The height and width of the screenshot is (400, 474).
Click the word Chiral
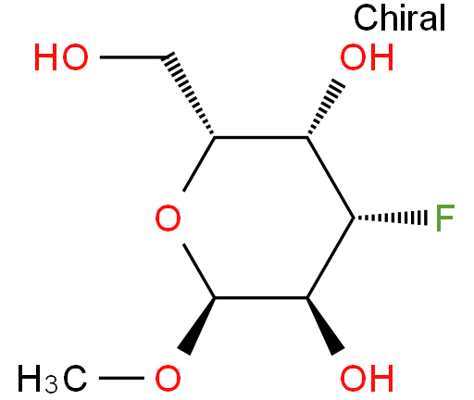point(399,18)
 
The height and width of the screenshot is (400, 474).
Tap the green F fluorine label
point(444,218)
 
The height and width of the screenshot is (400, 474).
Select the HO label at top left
point(61,57)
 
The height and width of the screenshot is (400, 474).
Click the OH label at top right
point(367,57)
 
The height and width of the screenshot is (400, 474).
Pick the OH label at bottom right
point(367,379)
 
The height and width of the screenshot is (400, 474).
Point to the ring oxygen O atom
point(168,218)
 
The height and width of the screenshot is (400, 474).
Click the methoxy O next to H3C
point(168,379)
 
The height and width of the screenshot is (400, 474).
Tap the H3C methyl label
point(52,379)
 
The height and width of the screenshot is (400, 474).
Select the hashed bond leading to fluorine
point(391,218)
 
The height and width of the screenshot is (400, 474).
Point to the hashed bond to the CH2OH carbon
point(188,94)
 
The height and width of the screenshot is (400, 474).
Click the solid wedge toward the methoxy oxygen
point(196,326)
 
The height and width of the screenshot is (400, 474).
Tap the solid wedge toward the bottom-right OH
point(325,326)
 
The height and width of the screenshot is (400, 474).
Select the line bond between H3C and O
point(121,378)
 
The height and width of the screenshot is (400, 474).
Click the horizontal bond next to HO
point(132,57)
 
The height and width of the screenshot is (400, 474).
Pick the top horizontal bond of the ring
point(261,137)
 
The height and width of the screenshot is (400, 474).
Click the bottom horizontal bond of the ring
point(261,297)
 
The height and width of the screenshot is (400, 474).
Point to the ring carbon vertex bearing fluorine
point(354,218)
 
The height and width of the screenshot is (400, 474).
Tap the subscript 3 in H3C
point(51,385)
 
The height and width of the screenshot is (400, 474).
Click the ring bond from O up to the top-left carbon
point(199,164)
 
